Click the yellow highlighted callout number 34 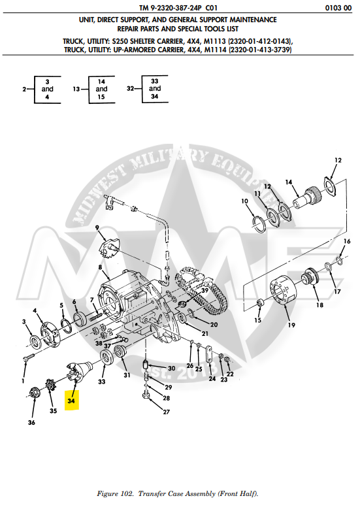(71, 400)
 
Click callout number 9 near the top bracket (97, 227)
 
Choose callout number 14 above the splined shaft (287, 182)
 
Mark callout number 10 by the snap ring (245, 201)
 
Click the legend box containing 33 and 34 (155, 88)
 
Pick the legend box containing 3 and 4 (47, 88)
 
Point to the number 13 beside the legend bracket (76, 88)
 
